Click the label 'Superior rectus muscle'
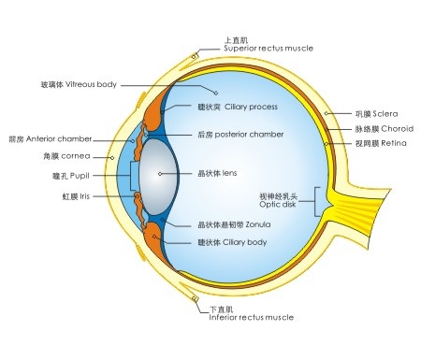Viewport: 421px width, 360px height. click(269, 48)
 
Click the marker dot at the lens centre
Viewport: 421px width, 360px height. click(161, 173)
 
